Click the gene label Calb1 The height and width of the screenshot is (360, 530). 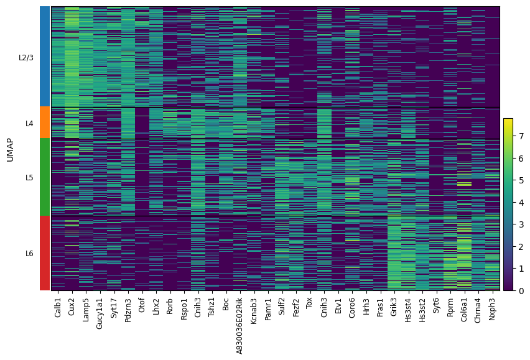58,307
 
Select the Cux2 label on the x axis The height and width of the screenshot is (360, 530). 72,307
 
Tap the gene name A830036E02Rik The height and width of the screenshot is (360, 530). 239,326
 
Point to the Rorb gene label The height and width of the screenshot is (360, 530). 170,307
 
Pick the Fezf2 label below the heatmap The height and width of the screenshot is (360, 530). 296,307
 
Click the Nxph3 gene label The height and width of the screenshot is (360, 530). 492,309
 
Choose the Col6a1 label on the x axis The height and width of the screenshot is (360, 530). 464,310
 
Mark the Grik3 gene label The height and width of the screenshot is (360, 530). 394,307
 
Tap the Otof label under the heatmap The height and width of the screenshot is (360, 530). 142,305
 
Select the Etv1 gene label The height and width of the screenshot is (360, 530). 338,306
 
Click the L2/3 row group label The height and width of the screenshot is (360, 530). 26,58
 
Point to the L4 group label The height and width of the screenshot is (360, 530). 29,124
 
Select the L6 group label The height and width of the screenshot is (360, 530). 29,253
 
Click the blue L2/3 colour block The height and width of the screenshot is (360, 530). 45,57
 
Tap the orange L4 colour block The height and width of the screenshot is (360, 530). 45,122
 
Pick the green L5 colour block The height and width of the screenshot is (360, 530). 45,177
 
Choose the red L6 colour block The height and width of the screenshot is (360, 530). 45,253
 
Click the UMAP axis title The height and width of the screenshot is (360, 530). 10,150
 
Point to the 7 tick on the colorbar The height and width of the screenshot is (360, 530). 521,136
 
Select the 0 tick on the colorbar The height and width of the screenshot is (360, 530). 521,290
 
